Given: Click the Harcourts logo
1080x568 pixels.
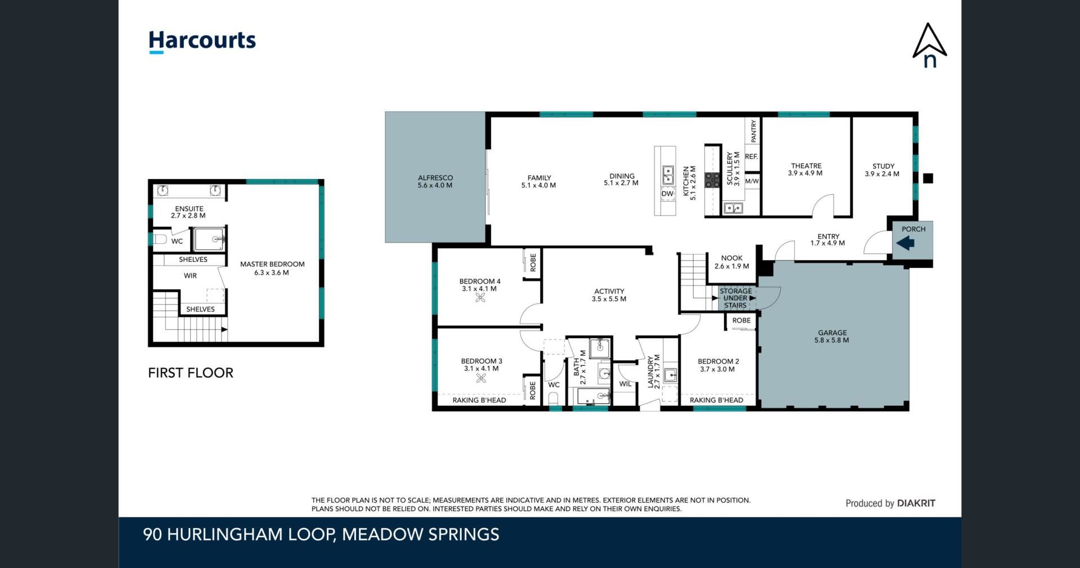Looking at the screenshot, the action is click(202, 42).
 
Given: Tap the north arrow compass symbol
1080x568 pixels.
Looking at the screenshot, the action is click(929, 45).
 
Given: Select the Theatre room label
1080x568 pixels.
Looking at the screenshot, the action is click(805, 169).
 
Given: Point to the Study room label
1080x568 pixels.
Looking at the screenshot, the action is click(883, 170).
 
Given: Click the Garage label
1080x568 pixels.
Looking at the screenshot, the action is click(832, 336).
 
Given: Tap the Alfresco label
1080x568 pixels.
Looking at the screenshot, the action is click(435, 181).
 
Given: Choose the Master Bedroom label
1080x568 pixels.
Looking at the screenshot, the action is click(272, 268).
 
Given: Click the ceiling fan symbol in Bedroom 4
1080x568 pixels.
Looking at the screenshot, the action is click(480, 298).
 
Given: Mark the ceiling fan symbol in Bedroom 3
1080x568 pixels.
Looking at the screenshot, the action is click(481, 378).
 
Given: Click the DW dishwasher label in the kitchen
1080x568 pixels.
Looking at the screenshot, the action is click(667, 194).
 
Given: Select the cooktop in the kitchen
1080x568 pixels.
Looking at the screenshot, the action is click(713, 180).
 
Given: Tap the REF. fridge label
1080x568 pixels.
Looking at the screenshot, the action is click(751, 156).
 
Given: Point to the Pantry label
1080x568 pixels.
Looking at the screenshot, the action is click(753, 131).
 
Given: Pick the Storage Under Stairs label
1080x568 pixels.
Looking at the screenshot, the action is click(735, 298).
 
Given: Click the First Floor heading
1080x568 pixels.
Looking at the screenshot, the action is click(191, 373).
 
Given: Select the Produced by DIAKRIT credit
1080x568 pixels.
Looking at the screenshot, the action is click(890, 503).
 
